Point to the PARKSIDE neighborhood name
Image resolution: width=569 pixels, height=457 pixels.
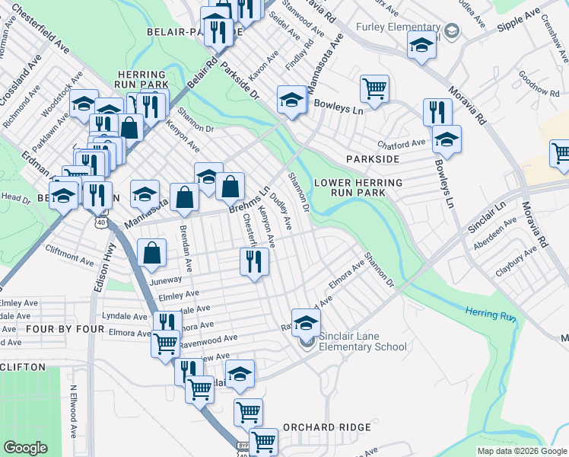pyautogui.click(x=373, y=159)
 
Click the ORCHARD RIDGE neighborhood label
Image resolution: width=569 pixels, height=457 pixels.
pyautogui.click(x=326, y=428)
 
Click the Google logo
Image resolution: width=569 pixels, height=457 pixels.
pyautogui.click(x=26, y=448)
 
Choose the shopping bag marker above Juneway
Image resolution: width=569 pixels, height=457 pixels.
pyautogui.click(x=152, y=254)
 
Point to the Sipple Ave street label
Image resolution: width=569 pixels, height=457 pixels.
pyautogui.click(x=519, y=16)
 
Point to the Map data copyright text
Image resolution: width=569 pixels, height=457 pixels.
pyautogui.click(x=521, y=451)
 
